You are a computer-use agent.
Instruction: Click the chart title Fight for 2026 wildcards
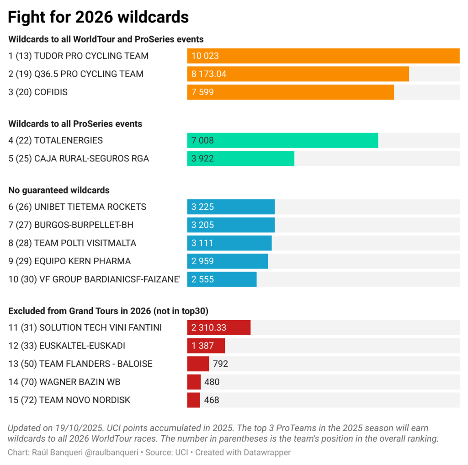(98, 17)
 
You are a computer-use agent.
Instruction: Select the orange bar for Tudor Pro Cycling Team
(323, 56)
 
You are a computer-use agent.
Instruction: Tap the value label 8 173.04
(209, 74)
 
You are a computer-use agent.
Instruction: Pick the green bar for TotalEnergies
(282, 140)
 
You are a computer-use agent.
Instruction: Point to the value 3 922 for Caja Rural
(202, 159)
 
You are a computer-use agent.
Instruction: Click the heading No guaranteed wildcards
(59, 190)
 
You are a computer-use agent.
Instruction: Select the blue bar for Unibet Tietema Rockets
(231, 207)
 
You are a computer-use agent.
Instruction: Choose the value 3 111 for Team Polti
(202, 243)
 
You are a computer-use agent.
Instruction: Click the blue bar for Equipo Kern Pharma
(227, 261)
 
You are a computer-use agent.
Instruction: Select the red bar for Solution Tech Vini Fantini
(218, 327)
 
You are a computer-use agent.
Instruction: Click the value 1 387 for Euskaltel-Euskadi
(202, 346)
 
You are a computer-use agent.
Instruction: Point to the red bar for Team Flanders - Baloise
(198, 364)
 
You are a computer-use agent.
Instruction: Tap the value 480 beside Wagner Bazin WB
(212, 382)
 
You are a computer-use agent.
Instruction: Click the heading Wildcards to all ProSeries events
(75, 123)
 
